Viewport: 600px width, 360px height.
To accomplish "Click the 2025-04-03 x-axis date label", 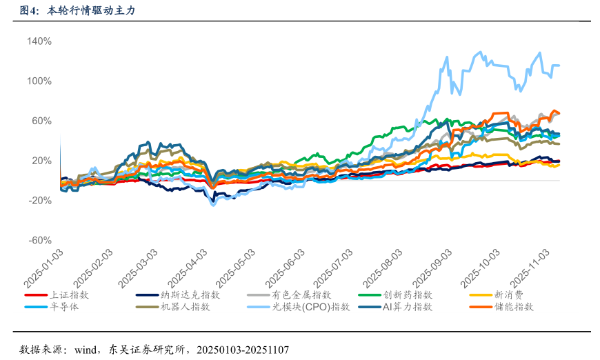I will pyautogui.click(x=188, y=270).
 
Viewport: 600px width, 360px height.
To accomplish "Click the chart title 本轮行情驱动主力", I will pyautogui.click(x=86, y=11).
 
